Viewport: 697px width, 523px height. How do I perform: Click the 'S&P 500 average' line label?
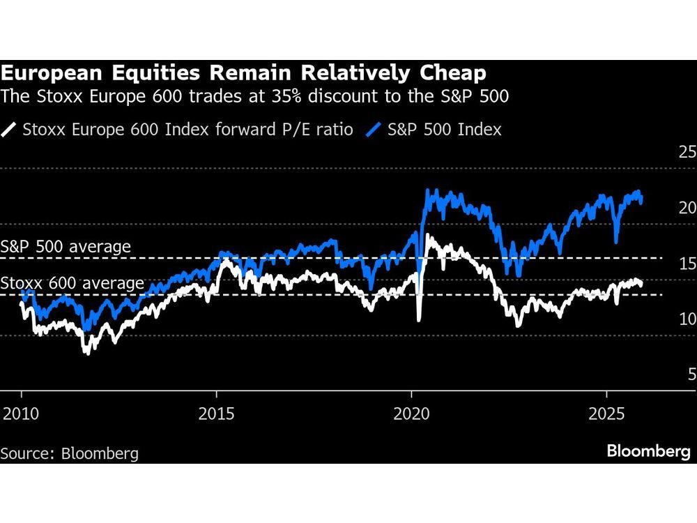tap(66, 246)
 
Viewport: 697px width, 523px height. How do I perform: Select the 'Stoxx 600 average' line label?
tap(72, 283)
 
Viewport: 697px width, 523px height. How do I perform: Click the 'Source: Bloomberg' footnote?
tap(70, 453)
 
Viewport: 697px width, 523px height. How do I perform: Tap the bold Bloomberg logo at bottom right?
tap(648, 451)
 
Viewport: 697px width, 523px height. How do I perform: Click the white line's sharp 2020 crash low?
tap(418, 320)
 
